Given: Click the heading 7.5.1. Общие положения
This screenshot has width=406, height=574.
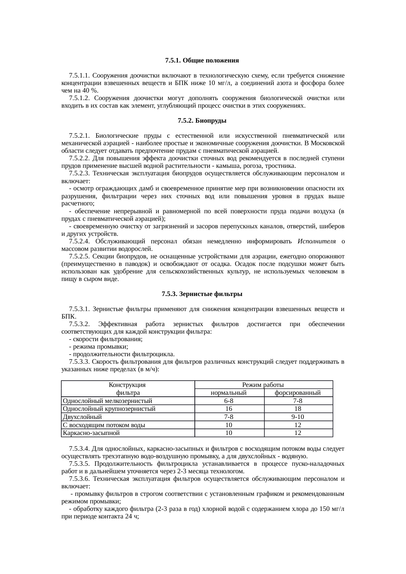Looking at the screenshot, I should [202, 61].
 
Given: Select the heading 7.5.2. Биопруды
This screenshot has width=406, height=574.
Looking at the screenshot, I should [202, 121].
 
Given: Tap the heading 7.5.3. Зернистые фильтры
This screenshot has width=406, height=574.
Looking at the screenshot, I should [202, 294].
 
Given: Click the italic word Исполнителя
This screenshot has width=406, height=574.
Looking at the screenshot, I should [317, 241].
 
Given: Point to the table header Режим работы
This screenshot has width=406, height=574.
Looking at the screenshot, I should [263, 385].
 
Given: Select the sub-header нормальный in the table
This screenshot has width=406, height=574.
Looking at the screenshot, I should [229, 393].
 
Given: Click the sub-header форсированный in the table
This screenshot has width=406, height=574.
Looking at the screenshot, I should [298, 393].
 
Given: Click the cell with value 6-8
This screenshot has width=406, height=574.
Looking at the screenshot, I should [229, 401].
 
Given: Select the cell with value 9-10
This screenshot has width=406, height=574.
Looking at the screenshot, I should [298, 417].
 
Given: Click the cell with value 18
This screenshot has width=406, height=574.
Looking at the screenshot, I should [298, 409].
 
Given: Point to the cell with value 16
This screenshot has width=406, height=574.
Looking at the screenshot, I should [229, 409].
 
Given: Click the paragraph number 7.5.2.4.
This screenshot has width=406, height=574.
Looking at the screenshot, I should [79, 241].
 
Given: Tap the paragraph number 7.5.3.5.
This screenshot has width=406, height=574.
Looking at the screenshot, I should [79, 464].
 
